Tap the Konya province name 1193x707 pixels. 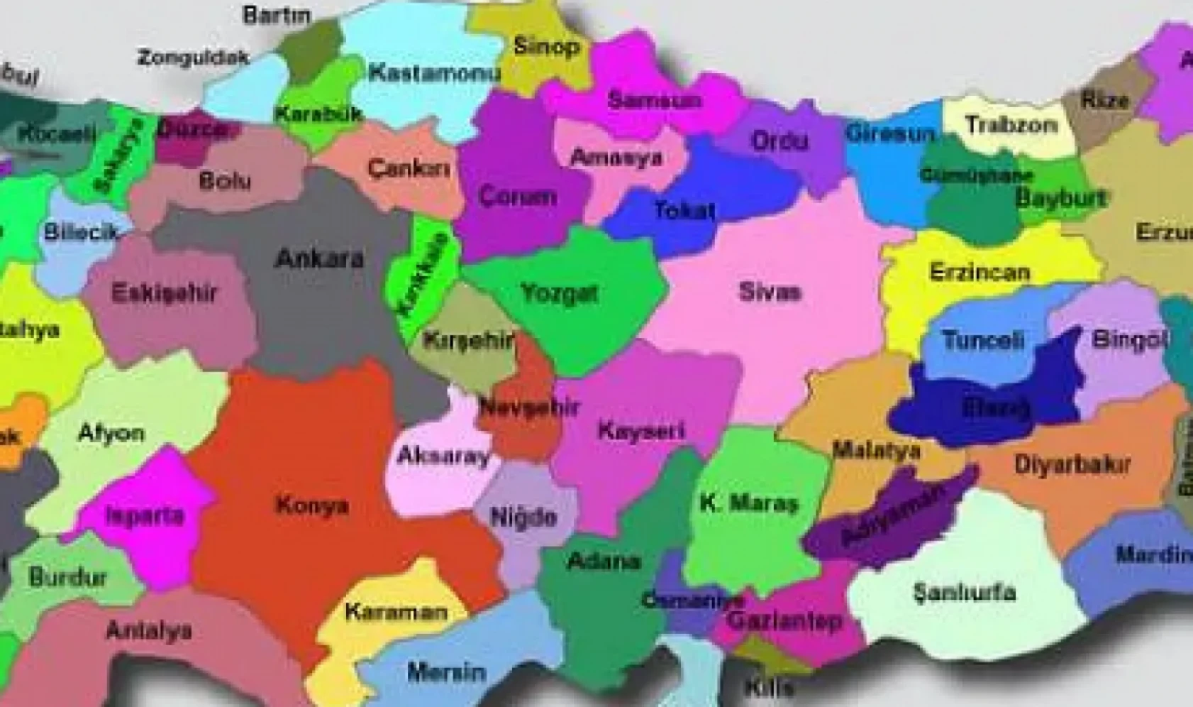(311, 505)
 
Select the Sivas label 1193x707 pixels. (770, 291)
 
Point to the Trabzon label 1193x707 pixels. (1011, 125)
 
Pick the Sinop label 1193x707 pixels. (546, 47)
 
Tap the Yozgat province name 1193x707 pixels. (559, 292)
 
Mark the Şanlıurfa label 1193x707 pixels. (965, 592)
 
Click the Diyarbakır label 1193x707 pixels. (1072, 465)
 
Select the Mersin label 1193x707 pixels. (446, 671)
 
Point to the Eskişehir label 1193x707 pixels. (164, 292)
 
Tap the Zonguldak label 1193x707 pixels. (194, 57)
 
